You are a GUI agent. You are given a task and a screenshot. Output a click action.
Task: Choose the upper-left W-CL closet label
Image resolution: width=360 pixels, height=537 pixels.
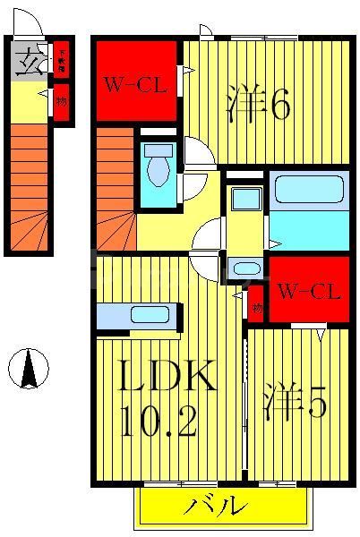point(136,86)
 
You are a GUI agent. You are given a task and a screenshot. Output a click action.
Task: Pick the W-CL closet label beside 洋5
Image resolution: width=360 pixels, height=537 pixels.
point(308,291)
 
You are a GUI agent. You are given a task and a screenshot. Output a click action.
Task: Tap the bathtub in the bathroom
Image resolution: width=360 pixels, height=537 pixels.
point(308,191)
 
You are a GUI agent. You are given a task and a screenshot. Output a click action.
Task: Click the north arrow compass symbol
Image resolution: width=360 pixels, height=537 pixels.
point(28,368)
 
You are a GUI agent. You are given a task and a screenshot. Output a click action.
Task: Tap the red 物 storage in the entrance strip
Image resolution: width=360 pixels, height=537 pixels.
point(62,100)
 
